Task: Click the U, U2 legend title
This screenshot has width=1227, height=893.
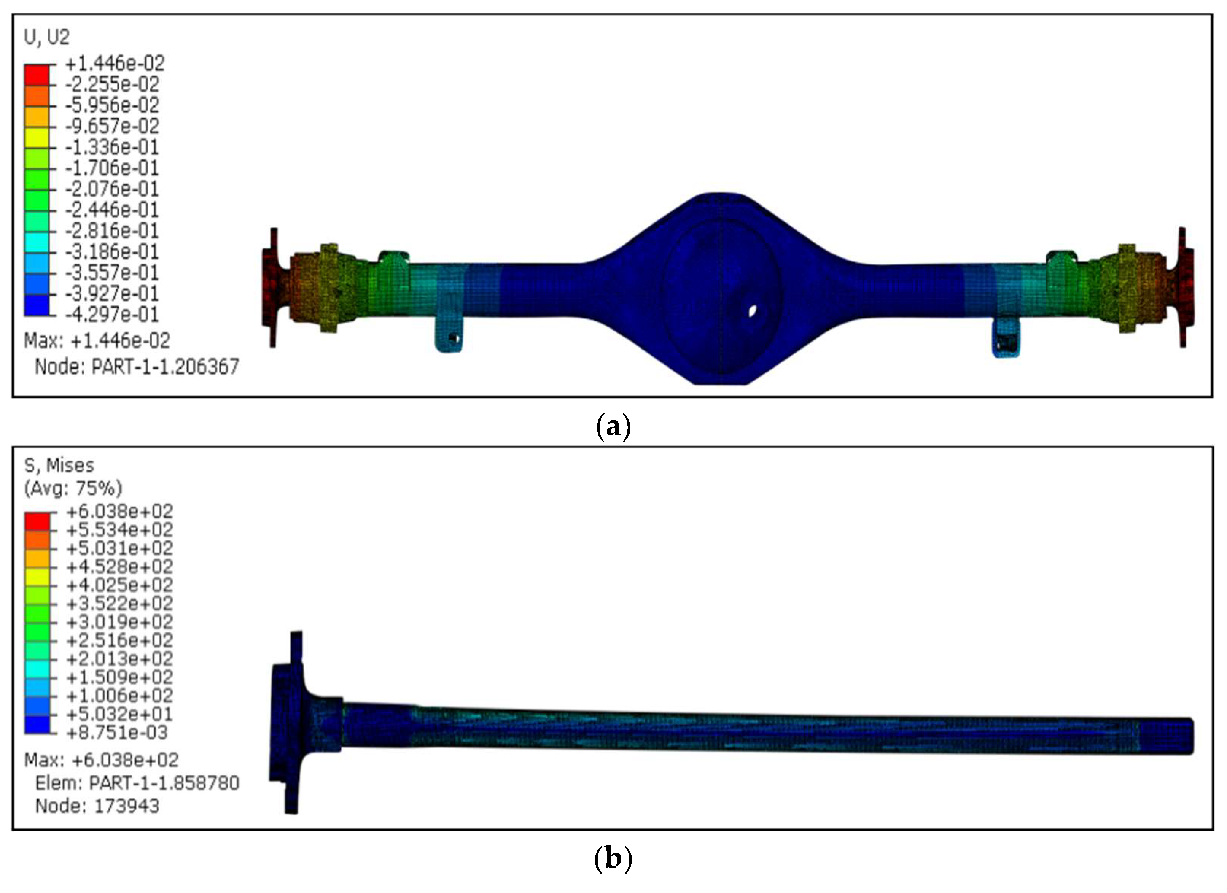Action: pos(47,37)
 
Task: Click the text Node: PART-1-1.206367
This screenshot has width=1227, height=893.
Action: pos(137,367)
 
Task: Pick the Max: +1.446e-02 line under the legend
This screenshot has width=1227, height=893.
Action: pos(97,340)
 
